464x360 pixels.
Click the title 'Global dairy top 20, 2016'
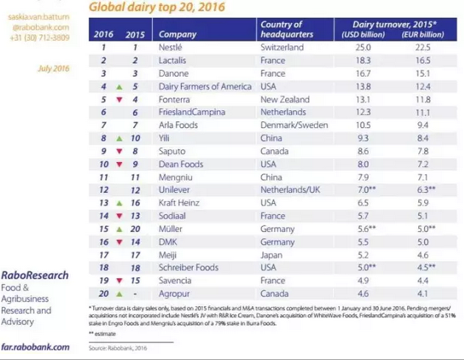click(157, 7)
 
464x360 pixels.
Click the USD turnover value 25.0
click(364, 47)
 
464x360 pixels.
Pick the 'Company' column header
click(177, 34)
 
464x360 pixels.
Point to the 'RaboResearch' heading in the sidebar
click(35, 275)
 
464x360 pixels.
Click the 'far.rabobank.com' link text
click(35, 346)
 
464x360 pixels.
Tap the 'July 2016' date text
click(52, 69)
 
